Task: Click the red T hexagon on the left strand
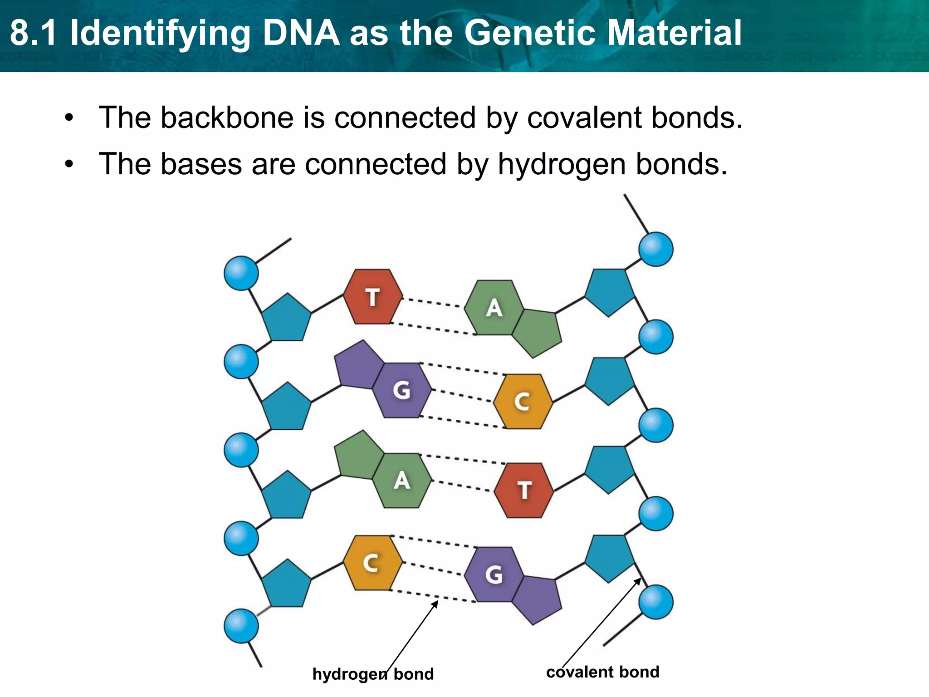click(x=372, y=297)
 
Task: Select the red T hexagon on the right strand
click(x=524, y=490)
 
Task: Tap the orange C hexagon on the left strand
click(x=372, y=563)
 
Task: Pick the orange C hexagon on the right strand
click(x=523, y=402)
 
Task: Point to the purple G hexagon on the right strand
click(x=494, y=574)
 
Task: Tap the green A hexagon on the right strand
click(x=494, y=308)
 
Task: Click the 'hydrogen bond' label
click(x=373, y=674)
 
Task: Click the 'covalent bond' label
click(x=602, y=672)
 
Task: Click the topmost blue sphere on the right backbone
click(x=655, y=249)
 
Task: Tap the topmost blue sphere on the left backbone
click(x=241, y=273)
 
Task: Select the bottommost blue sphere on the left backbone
click(x=241, y=626)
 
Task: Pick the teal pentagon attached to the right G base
click(x=609, y=558)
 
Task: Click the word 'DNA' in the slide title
click(x=301, y=33)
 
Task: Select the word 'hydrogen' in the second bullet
click(x=562, y=164)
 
